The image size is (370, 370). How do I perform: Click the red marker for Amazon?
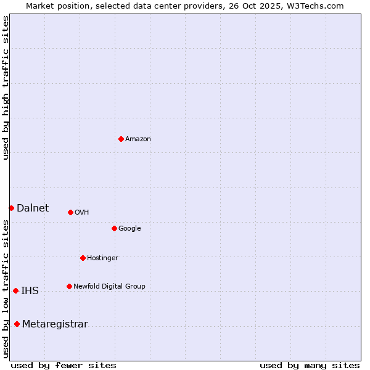coord(121,139)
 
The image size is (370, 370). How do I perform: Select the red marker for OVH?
coord(70,212)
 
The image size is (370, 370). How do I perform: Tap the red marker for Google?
coord(114,228)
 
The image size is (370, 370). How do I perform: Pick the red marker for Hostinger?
coord(83,258)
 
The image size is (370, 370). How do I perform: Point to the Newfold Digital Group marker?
coord(69,286)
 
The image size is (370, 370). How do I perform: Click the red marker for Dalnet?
coord(11,208)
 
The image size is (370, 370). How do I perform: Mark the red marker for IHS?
coord(15,290)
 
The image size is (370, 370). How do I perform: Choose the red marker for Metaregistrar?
coord(17,324)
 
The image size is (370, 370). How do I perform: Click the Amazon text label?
coord(138,139)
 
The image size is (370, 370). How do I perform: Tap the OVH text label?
coord(81,213)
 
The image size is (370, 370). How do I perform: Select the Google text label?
coord(129,229)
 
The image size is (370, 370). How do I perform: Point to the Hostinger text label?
coord(102,258)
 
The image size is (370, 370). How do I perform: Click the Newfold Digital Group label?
coord(109,287)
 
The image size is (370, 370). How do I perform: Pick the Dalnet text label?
coord(33,208)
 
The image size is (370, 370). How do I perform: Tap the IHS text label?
coord(30,291)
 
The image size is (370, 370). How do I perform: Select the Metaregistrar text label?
coord(55,324)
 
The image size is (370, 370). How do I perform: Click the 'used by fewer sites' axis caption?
coord(64,365)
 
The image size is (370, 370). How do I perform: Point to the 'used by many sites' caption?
coord(310,365)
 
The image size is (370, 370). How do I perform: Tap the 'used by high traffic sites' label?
coord(6,88)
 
